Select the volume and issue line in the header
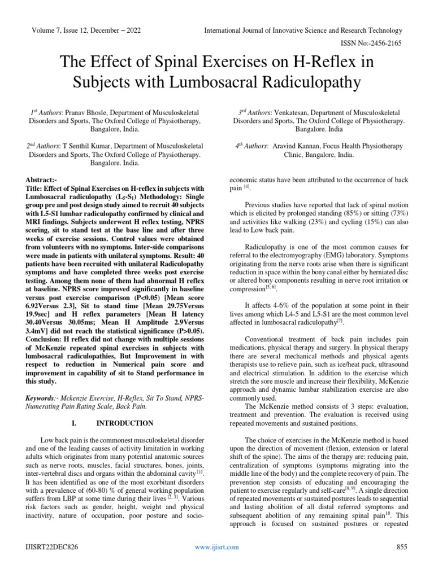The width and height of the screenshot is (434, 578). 90,30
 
